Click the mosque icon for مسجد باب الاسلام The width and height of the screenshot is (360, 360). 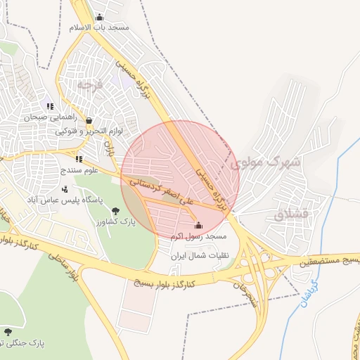pyautogui.click(x=99, y=18)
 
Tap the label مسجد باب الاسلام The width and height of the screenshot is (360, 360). pyautogui.click(x=99, y=27)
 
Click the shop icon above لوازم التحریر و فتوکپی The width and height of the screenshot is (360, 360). pyautogui.click(x=88, y=121)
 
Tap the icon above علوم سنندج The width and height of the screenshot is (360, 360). pyautogui.click(x=79, y=159)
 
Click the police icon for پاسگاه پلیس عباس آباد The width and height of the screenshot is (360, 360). pyautogui.click(x=65, y=188)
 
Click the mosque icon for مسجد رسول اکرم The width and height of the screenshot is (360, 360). pyautogui.click(x=198, y=226)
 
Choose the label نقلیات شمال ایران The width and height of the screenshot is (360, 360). pyautogui.click(x=197, y=256)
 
